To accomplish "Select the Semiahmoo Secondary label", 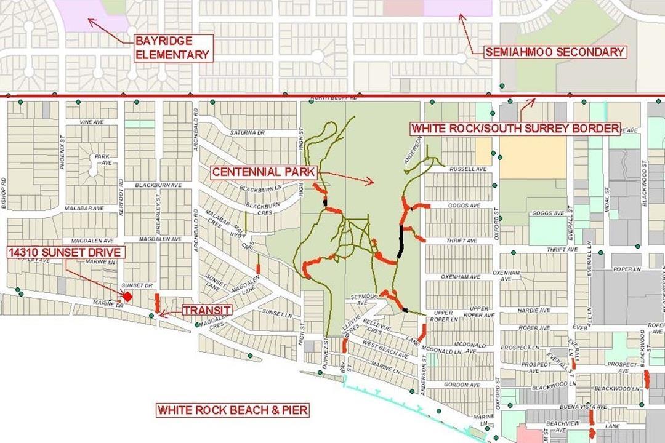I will coord(555,52).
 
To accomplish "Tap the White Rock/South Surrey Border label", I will coord(515,129).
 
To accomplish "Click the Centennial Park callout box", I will coord(263,172).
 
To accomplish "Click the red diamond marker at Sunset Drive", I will coord(128,296).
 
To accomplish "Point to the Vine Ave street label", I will coord(91,122).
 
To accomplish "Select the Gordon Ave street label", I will coord(457,385).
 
